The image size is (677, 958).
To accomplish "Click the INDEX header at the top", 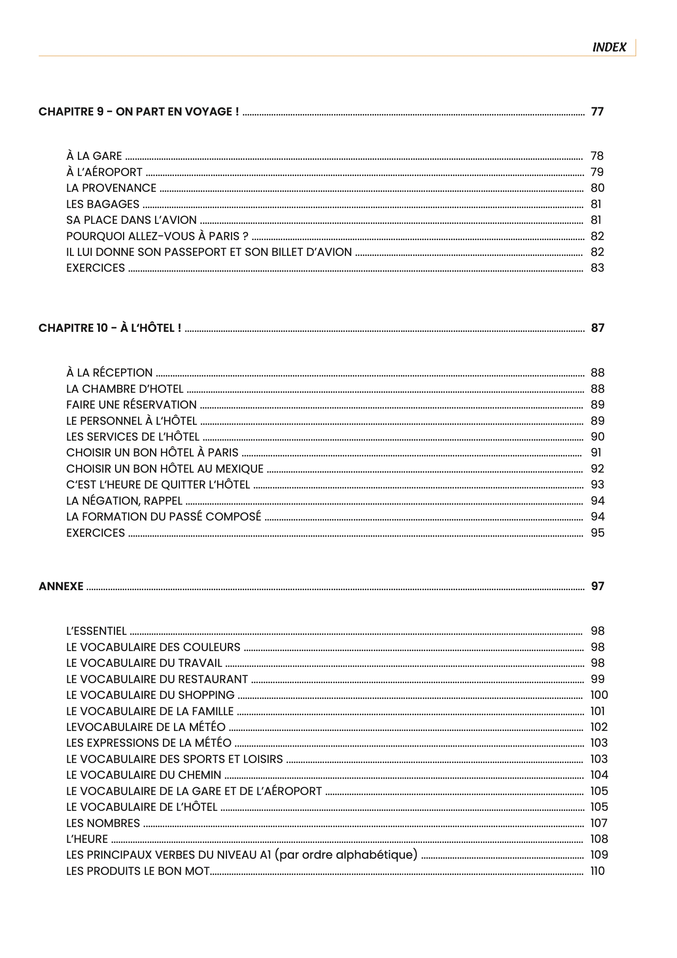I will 609,47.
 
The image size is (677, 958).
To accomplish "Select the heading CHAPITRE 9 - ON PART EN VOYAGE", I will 138,112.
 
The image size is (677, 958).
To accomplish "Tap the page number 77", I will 598,112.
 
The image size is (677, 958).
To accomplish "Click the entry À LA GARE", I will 94,156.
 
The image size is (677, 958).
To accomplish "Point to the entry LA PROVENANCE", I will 111,188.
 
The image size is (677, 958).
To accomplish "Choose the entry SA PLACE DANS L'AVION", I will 131,220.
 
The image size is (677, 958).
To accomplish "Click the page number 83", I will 598,268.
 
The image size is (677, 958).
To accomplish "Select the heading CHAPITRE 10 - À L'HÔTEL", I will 110,328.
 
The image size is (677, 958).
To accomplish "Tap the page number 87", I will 598,328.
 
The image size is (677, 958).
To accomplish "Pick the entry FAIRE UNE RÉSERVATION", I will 131,405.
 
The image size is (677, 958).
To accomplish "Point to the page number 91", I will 596,453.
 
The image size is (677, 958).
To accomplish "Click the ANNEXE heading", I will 61,586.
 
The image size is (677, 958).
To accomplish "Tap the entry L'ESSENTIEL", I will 96,631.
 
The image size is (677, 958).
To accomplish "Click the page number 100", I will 599,695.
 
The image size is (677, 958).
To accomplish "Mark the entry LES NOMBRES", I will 103,823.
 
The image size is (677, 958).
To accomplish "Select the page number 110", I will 598,871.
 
